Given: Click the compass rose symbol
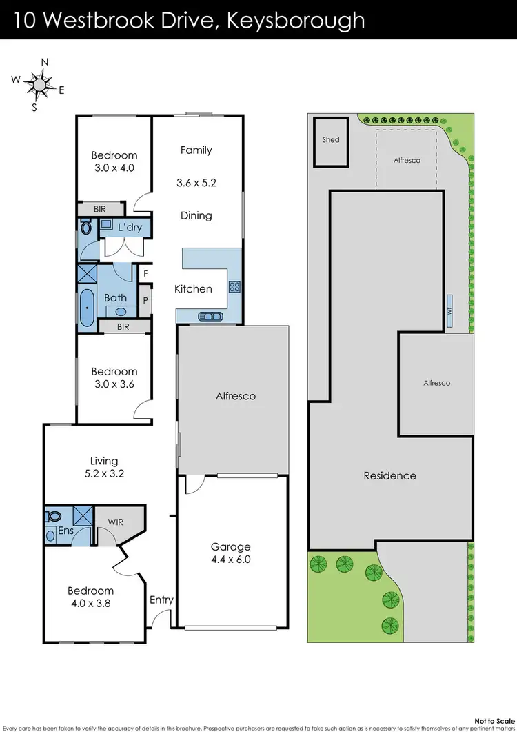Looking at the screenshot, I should point(39,85).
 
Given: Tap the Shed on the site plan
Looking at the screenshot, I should point(331,141).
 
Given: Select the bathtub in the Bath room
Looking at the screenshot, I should point(86,308).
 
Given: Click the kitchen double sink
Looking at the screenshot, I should point(209,317).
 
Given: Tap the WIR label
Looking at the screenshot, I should point(116,522).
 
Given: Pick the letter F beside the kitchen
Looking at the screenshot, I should point(145,273).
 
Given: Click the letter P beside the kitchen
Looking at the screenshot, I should point(145,300).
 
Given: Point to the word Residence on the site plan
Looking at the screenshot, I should point(389,475).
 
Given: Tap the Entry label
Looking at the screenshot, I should point(161,600).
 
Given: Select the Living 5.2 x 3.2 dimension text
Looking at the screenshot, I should point(104,474).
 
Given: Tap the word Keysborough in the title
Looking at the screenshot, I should point(297,20).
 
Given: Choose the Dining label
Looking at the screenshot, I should point(196,215).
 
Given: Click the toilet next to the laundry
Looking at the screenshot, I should point(86,226).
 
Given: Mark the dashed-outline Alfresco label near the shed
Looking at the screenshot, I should point(407,160).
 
